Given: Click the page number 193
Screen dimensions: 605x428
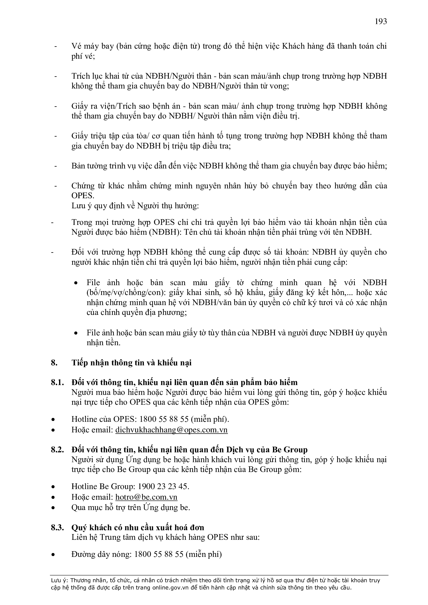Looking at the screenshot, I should (x=381, y=21).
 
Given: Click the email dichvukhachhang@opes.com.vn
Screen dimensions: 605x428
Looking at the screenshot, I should (x=171, y=430).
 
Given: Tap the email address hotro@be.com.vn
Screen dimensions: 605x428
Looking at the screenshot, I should (x=146, y=497).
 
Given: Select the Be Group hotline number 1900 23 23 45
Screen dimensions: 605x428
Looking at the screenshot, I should (x=163, y=486).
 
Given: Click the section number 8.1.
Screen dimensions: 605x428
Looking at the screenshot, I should (x=57, y=382).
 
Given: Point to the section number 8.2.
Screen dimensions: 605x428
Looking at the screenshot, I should (x=57, y=449).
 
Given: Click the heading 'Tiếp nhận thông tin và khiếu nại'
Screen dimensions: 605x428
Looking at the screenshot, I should (x=131, y=363).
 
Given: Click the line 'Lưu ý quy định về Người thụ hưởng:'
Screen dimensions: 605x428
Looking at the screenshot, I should (x=135, y=206).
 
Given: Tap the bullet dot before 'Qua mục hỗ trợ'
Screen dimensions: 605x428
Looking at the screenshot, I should (x=54, y=507).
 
